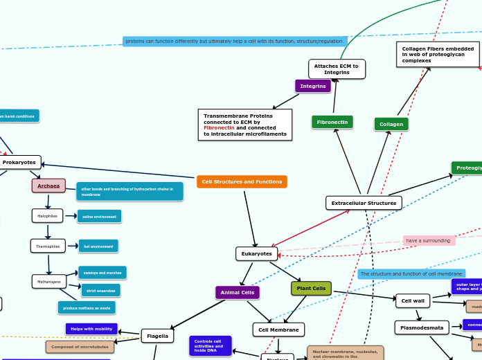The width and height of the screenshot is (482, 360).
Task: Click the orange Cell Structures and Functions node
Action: [x=242, y=181]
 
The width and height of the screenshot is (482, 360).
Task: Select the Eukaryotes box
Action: [x=256, y=253]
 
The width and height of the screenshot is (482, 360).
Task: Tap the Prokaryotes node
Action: [x=19, y=162]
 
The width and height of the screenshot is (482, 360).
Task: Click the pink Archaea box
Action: [x=48, y=186]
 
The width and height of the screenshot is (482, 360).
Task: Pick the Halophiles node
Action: [x=47, y=216]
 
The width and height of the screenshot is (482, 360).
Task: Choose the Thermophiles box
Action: [x=48, y=246]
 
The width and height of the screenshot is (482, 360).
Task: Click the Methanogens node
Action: [x=49, y=282]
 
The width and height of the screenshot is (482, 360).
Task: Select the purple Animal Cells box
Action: [x=238, y=293]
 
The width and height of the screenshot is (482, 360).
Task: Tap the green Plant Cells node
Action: [x=311, y=288]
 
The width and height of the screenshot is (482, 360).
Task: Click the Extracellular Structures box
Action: [x=364, y=203]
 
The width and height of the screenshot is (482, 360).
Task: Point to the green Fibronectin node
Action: [x=332, y=122]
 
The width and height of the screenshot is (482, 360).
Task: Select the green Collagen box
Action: [x=391, y=124]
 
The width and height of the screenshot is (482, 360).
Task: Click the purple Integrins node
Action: [x=313, y=86]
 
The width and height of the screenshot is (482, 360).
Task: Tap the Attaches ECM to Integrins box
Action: [x=337, y=69]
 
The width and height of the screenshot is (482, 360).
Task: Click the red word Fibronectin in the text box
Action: [x=219, y=128]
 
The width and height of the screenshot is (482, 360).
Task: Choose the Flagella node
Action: [x=157, y=336]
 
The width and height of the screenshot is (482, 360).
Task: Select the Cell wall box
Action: [x=413, y=300]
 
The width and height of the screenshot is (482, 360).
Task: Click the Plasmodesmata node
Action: [x=422, y=327]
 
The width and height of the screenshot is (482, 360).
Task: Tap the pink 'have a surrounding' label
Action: [x=429, y=240]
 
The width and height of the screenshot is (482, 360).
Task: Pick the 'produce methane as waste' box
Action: [x=87, y=307]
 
